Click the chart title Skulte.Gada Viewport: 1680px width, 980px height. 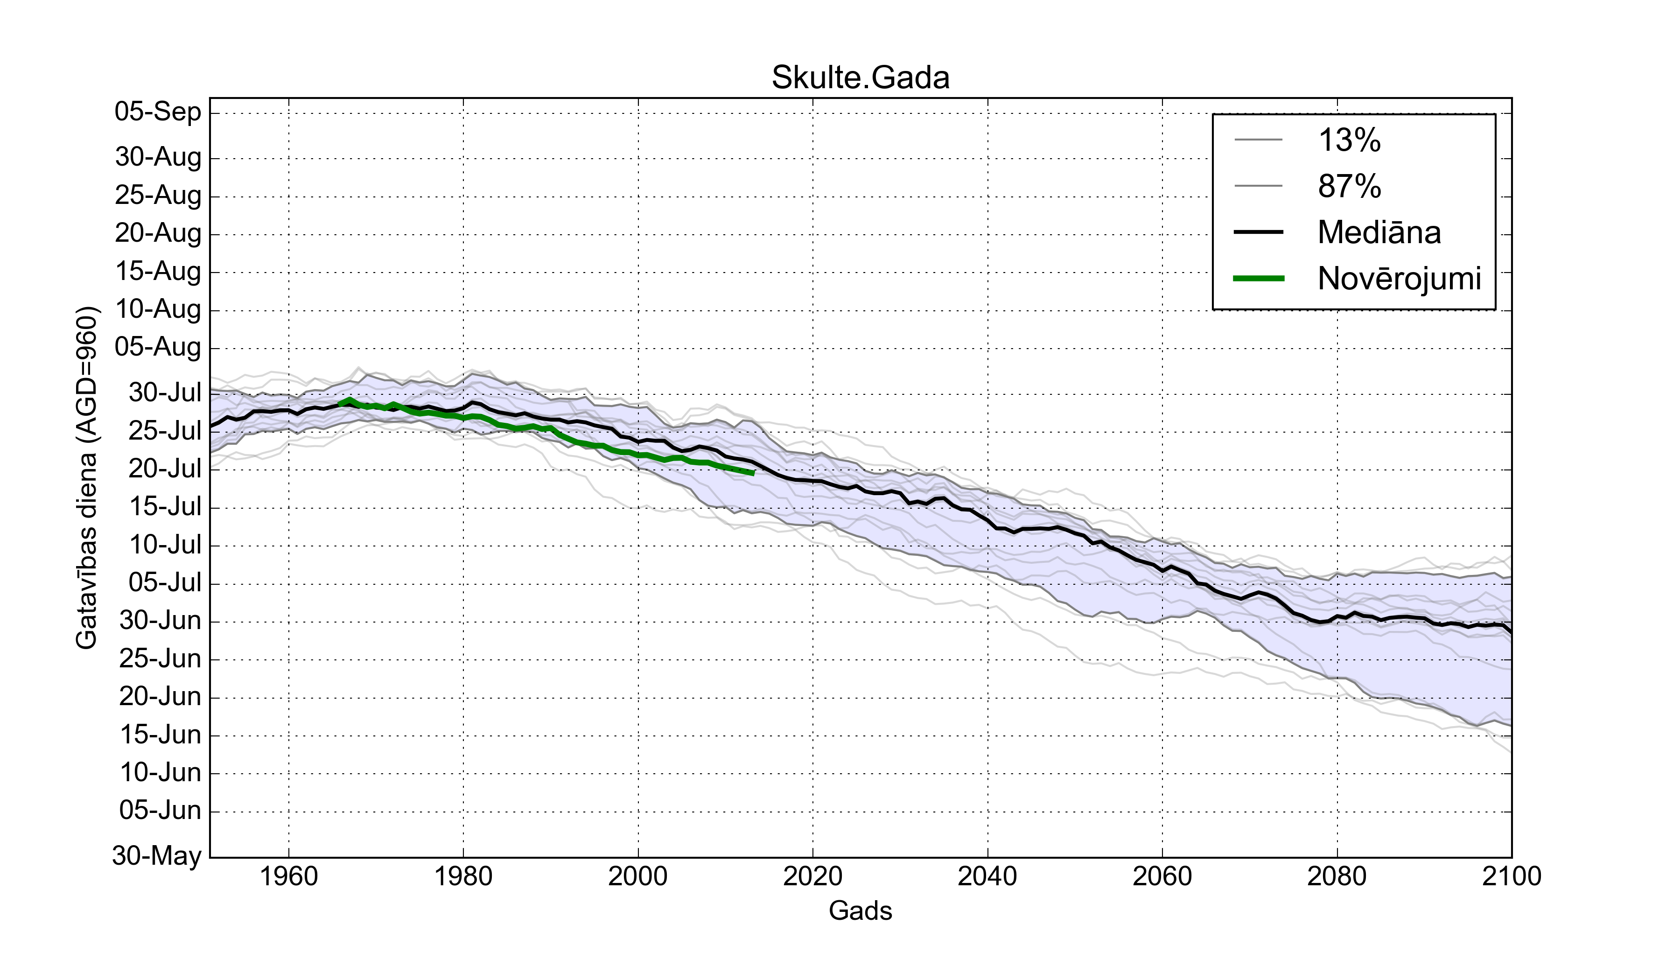[860, 78]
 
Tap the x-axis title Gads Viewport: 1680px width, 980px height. [860, 910]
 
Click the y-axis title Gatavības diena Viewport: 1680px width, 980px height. [87, 477]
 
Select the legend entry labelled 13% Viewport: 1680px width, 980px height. [1349, 140]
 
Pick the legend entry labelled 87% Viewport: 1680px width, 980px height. [1349, 186]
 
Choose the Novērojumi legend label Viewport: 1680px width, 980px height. [1399, 279]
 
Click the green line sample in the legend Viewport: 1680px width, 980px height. [1259, 279]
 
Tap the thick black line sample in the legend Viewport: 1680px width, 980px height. [1259, 232]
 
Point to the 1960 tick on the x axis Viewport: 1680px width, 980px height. [289, 876]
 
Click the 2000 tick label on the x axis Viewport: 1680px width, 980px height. [638, 876]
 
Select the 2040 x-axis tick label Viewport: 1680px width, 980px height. [987, 876]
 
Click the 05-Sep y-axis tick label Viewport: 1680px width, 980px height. [158, 112]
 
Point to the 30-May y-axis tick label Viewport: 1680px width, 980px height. [157, 855]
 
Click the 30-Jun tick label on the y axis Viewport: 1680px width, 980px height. [160, 621]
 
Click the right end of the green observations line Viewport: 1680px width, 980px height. [753, 473]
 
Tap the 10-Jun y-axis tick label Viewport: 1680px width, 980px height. [160, 773]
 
